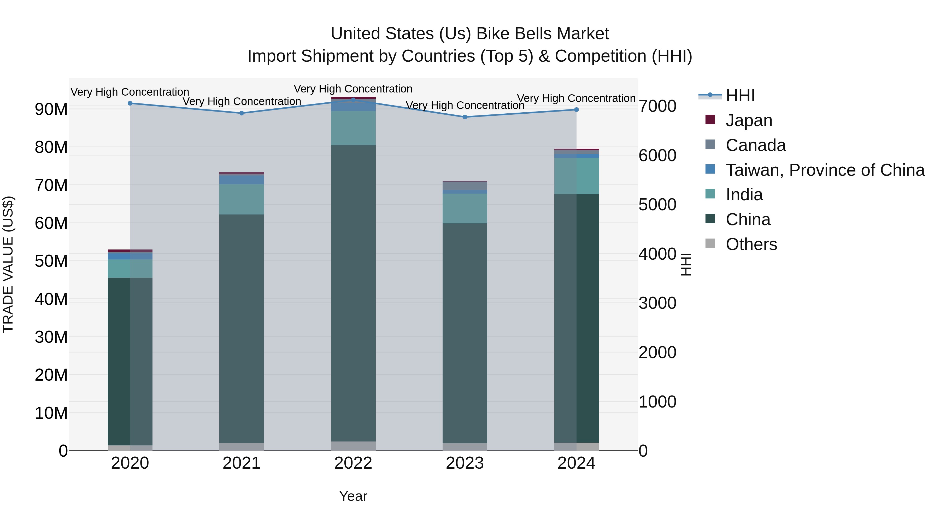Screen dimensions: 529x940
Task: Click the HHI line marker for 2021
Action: coord(242,113)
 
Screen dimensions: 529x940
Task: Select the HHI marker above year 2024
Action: coord(577,109)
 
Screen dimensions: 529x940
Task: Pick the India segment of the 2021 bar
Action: coord(242,199)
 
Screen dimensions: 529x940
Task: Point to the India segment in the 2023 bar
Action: coord(465,208)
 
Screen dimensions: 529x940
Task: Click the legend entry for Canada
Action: coord(755,145)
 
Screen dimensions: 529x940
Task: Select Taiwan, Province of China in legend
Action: coord(825,170)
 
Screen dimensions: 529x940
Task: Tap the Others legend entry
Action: coord(751,244)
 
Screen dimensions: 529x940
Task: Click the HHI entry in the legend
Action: coord(740,96)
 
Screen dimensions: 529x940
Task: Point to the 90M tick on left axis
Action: coord(51,109)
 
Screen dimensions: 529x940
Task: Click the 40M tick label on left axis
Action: coord(51,299)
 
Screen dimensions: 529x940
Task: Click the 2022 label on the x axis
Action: coord(353,463)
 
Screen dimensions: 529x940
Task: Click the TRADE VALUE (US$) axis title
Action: coord(8,264)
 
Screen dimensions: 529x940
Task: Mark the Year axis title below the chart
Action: coord(353,496)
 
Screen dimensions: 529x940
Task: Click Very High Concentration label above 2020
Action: coord(130,92)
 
